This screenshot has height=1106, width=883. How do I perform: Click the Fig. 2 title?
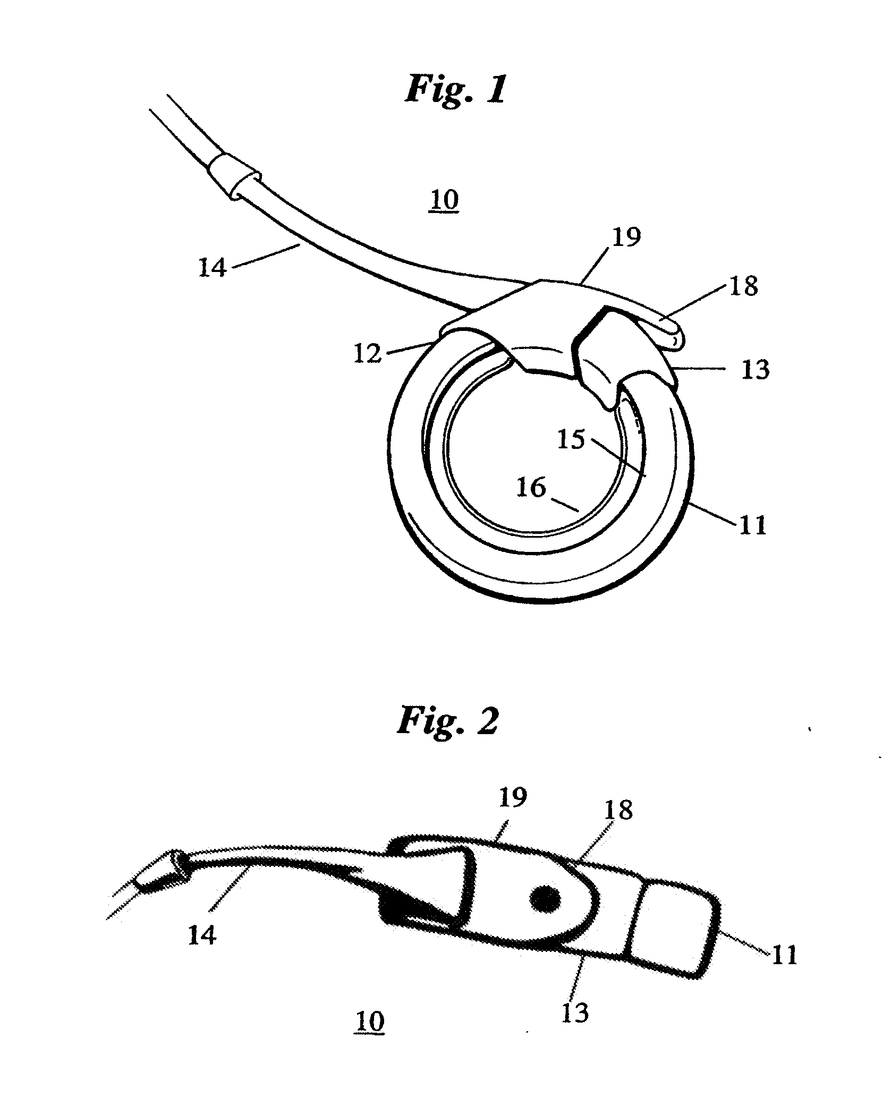pyautogui.click(x=447, y=720)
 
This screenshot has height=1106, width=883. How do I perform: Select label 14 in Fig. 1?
pyautogui.click(x=213, y=267)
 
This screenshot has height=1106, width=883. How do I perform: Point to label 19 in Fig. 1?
pyautogui.click(x=626, y=237)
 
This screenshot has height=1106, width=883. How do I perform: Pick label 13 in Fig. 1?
pyautogui.click(x=755, y=369)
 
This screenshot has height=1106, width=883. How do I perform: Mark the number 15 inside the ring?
pyautogui.click(x=572, y=439)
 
